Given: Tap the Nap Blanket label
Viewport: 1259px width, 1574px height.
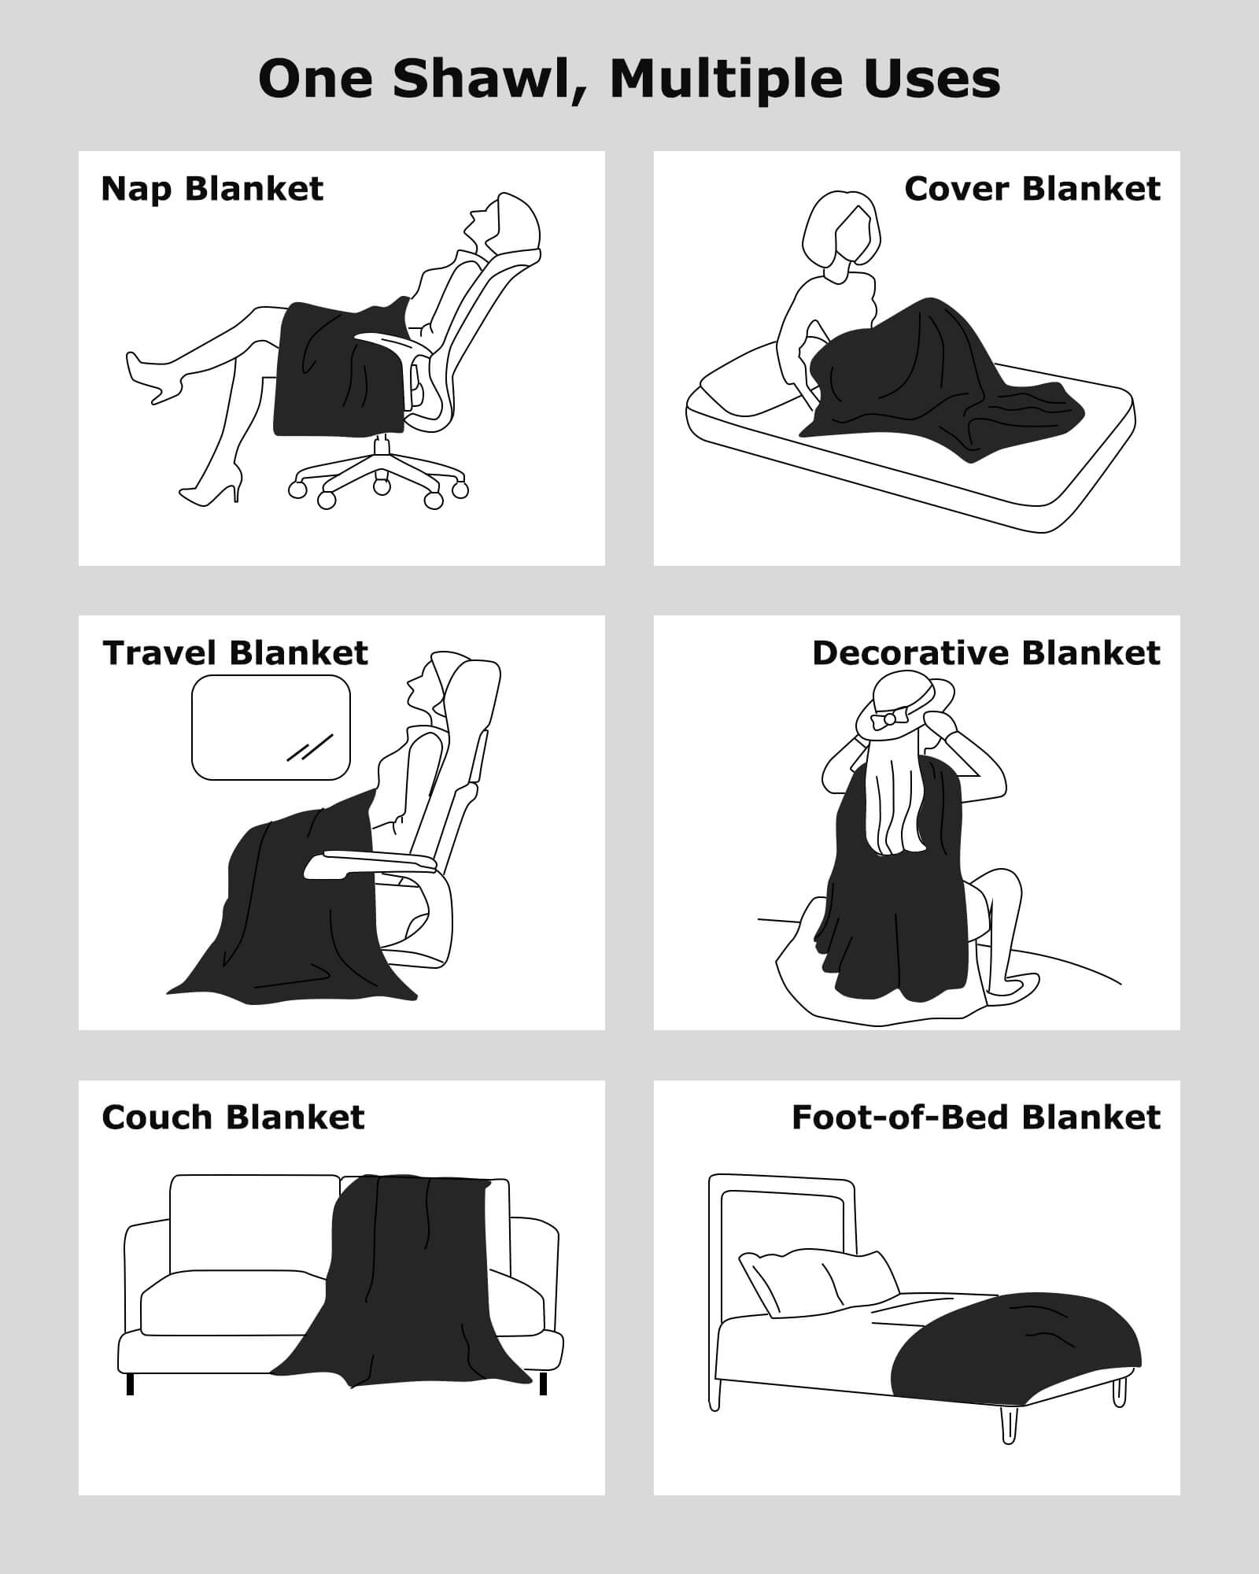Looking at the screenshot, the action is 212,190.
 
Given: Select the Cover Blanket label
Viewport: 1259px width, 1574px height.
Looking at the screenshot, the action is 1032,189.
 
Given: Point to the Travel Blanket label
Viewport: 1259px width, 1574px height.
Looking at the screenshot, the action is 235,653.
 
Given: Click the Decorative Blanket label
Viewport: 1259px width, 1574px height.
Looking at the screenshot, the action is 986,653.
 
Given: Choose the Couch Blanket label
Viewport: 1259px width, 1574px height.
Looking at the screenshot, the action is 233,1118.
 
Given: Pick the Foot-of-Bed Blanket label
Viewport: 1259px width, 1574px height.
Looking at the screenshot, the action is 976,1118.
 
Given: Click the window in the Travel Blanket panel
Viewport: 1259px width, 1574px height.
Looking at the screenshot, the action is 271,727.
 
